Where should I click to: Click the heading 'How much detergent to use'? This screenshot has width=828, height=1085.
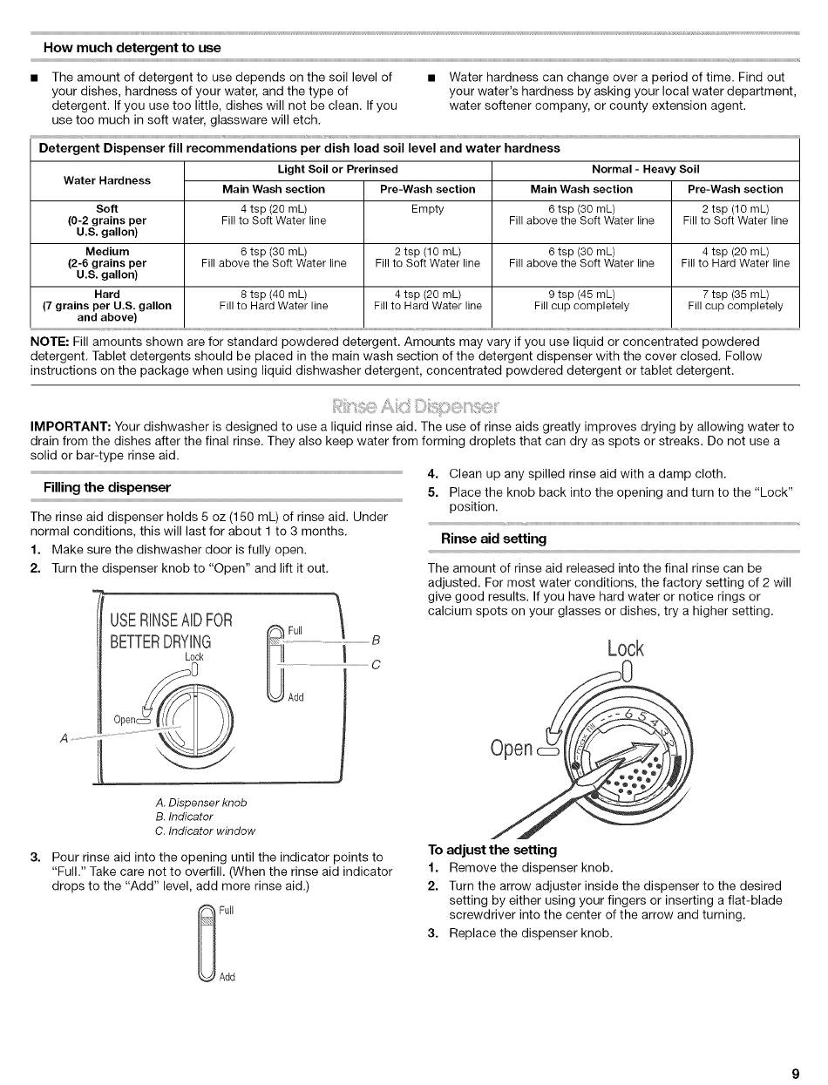(132, 48)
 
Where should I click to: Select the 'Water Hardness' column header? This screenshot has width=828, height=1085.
(107, 180)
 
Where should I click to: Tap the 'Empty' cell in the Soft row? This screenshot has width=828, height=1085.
(428, 209)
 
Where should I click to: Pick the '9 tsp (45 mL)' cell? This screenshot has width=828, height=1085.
(581, 295)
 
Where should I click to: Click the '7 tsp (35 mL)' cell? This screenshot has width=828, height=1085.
(735, 295)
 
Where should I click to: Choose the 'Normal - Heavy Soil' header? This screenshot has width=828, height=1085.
(646, 170)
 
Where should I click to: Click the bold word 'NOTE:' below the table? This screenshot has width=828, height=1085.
(50, 342)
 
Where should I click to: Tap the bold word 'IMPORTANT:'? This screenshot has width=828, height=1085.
(71, 426)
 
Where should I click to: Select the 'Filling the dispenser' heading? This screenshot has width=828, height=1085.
(107, 487)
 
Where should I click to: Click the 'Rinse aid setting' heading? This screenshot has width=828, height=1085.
(493, 539)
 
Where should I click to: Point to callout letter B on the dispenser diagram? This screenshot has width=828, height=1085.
(376, 641)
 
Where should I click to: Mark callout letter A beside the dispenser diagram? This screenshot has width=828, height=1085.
(64, 738)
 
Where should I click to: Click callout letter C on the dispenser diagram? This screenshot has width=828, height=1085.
(376, 665)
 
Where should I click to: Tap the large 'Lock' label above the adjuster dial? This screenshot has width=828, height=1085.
(625, 648)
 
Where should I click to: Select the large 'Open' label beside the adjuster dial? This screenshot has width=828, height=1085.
(512, 749)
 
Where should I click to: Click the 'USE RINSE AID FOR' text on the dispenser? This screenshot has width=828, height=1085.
(171, 620)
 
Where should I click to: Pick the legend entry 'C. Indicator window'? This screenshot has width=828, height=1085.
(205, 831)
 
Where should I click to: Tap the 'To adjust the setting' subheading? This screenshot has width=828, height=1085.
(492, 850)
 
